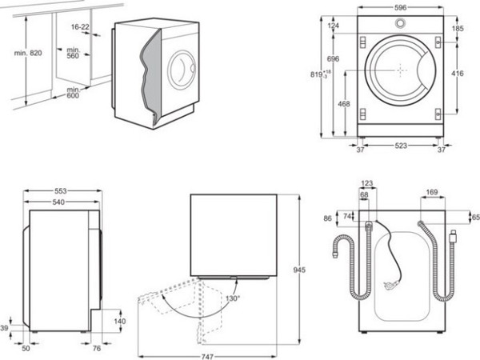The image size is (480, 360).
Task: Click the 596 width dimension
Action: [x=399, y=7]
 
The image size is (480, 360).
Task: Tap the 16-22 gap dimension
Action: [x=80, y=27]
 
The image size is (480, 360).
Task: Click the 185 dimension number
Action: [x=458, y=29]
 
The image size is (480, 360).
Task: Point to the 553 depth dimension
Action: [x=60, y=193]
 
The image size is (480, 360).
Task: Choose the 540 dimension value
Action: [x=56, y=203]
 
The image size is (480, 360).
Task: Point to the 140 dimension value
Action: [x=119, y=321]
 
